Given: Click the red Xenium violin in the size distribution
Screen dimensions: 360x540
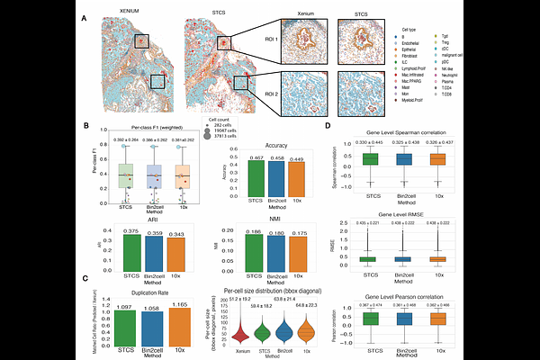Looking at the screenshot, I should coord(241,333).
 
